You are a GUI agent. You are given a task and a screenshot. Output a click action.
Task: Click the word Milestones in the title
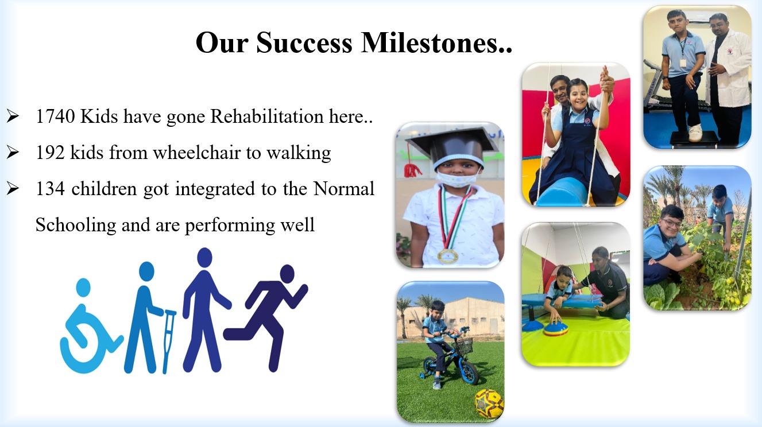click(x=436, y=43)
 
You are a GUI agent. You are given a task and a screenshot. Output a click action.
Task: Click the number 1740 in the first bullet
click(x=55, y=117)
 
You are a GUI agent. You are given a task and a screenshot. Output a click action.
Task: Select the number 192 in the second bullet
click(x=51, y=152)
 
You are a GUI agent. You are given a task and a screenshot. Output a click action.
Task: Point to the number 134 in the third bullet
click(x=51, y=189)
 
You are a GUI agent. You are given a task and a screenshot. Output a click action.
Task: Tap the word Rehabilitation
click(x=267, y=117)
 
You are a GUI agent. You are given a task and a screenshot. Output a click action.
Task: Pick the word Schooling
click(x=76, y=226)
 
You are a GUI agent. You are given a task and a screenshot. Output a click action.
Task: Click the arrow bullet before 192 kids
click(x=13, y=152)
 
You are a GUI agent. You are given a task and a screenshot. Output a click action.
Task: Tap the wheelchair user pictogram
click(x=90, y=327)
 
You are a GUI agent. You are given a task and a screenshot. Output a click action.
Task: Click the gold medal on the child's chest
click(x=448, y=256)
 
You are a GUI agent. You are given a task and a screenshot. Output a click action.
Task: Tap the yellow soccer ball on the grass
click(x=489, y=404)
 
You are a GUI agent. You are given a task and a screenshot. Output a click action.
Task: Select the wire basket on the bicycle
click(x=463, y=346)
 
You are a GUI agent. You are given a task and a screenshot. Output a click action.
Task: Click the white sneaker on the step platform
click(x=695, y=133)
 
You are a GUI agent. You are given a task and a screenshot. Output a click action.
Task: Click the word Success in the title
click(x=304, y=43)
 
